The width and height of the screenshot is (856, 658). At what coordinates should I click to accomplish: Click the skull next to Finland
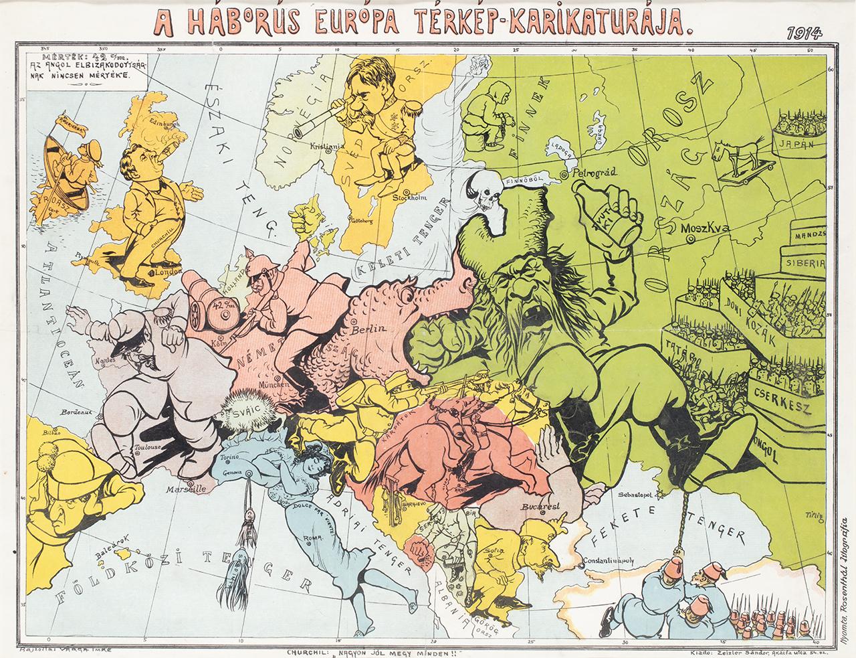(483, 189)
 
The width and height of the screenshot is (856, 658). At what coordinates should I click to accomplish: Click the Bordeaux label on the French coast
(75, 412)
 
